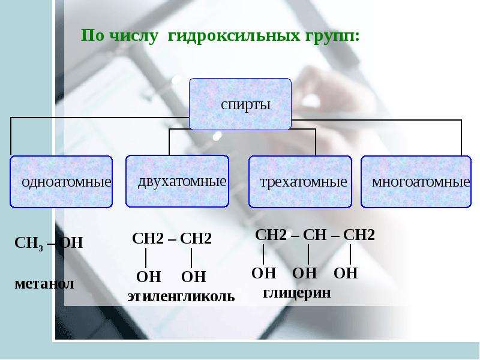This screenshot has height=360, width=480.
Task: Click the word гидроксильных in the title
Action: (233, 36)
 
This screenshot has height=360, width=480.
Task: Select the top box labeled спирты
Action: (241, 104)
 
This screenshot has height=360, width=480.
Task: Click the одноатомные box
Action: (61, 182)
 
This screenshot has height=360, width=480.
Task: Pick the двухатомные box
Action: (177, 181)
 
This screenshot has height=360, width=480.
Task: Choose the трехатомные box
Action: (300, 182)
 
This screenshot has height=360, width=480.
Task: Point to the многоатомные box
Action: (416, 182)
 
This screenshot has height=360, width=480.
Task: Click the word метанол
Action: (44, 284)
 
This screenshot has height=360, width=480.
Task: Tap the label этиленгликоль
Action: (181, 296)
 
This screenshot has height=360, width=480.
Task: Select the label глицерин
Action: (297, 293)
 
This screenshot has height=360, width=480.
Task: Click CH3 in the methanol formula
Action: (29, 244)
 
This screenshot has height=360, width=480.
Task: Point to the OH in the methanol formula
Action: (71, 243)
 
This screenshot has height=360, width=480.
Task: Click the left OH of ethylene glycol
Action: (148, 277)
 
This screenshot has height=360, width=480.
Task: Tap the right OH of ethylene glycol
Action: (193, 277)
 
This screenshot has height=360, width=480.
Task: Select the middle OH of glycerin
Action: (305, 273)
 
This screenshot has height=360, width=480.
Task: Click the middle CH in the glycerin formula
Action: (314, 235)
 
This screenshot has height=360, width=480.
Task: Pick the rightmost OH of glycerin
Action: (346, 273)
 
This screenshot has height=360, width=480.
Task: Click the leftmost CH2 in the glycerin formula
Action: (271, 235)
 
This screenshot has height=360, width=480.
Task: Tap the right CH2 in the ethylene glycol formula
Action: (196, 238)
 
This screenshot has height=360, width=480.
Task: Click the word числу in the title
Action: (133, 36)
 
